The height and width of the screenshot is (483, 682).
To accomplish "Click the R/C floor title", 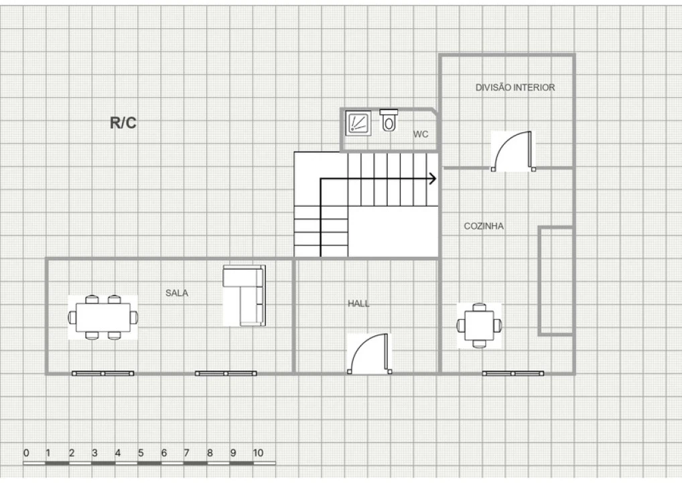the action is click(123, 123).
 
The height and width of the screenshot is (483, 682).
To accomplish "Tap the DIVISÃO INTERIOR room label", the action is click(515, 87).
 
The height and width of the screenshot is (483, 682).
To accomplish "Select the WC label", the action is click(421, 134).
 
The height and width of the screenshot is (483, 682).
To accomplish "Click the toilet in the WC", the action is click(389, 120).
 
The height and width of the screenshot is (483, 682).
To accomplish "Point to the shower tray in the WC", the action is click(358, 123).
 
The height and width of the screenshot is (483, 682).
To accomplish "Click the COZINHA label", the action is click(484, 226).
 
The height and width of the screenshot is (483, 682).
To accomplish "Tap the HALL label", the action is click(358, 304).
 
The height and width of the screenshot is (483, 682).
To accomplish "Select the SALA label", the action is click(177, 293).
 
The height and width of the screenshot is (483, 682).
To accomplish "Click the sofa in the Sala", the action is click(244, 295).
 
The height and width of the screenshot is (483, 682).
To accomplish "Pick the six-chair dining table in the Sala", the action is click(103, 317).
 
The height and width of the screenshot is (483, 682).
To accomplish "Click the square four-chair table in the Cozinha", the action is click(479, 325).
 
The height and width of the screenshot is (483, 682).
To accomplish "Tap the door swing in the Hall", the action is click(369, 354).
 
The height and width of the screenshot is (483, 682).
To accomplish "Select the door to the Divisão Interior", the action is click(513, 151).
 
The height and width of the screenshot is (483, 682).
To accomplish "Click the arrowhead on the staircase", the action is click(433, 178).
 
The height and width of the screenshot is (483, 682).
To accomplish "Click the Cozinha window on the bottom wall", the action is click(513, 373).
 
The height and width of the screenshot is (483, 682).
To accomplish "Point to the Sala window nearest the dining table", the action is click(103, 373).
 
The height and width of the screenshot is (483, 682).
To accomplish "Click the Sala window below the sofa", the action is click(226, 373).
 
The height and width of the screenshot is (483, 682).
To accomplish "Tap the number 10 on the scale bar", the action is click(258, 453).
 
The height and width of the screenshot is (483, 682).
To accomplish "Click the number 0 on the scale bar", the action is click(26, 453).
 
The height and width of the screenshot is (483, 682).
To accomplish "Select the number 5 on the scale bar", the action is click(141, 453).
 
